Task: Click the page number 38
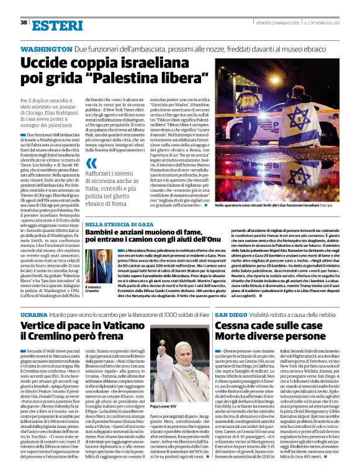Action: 24,22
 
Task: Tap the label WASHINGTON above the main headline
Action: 47,49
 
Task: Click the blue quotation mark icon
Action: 91,163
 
